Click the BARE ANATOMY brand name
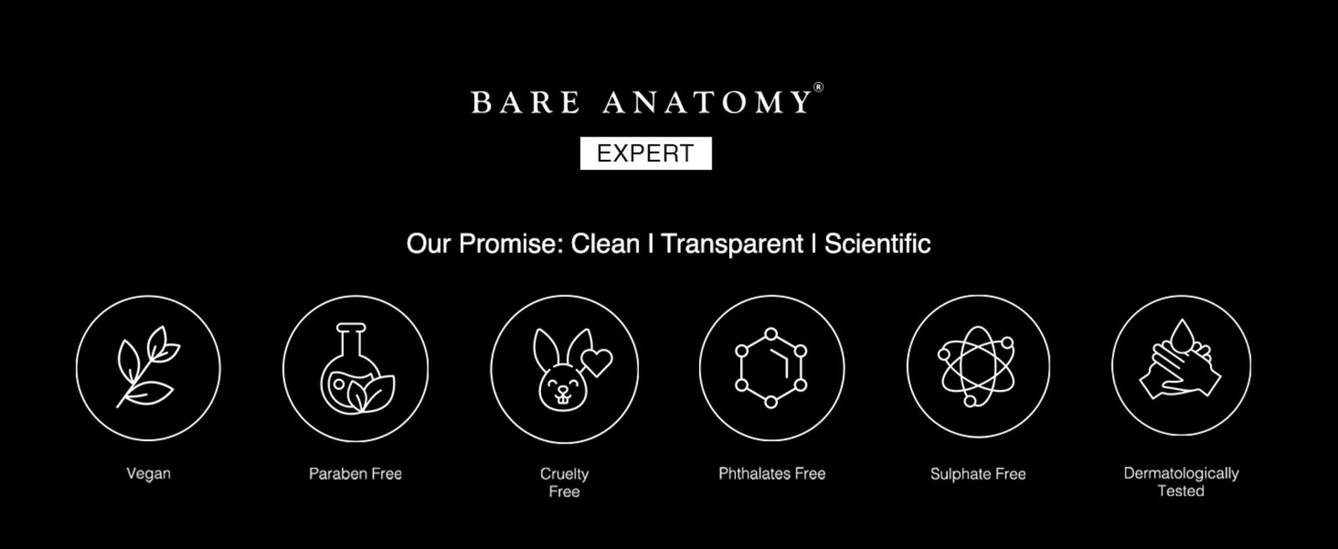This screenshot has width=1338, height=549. pyautogui.click(x=641, y=102)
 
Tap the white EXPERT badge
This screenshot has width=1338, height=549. pyautogui.click(x=646, y=153)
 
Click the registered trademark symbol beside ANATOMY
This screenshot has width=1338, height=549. pyautogui.click(x=819, y=87)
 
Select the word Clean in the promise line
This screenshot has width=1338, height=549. pyautogui.click(x=605, y=244)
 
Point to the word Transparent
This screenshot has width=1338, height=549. pyautogui.click(x=732, y=244)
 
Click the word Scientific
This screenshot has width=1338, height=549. pyautogui.click(x=877, y=244)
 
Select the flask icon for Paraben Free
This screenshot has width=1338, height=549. pyautogui.click(x=355, y=368)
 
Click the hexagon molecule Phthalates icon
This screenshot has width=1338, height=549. pyautogui.click(x=772, y=367)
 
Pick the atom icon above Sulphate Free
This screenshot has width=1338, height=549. pyautogui.click(x=978, y=366)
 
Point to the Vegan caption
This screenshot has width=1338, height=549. pyautogui.click(x=149, y=475)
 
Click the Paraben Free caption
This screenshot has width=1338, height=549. pyautogui.click(x=355, y=474)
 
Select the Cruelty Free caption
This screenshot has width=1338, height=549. pyautogui.click(x=564, y=483)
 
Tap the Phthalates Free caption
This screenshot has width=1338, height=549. pyautogui.click(x=772, y=474)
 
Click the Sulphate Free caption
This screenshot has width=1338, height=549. pyautogui.click(x=978, y=475)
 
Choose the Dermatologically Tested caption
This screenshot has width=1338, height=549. pyautogui.click(x=1181, y=482)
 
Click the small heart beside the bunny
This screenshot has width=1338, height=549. pyautogui.click(x=597, y=362)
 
